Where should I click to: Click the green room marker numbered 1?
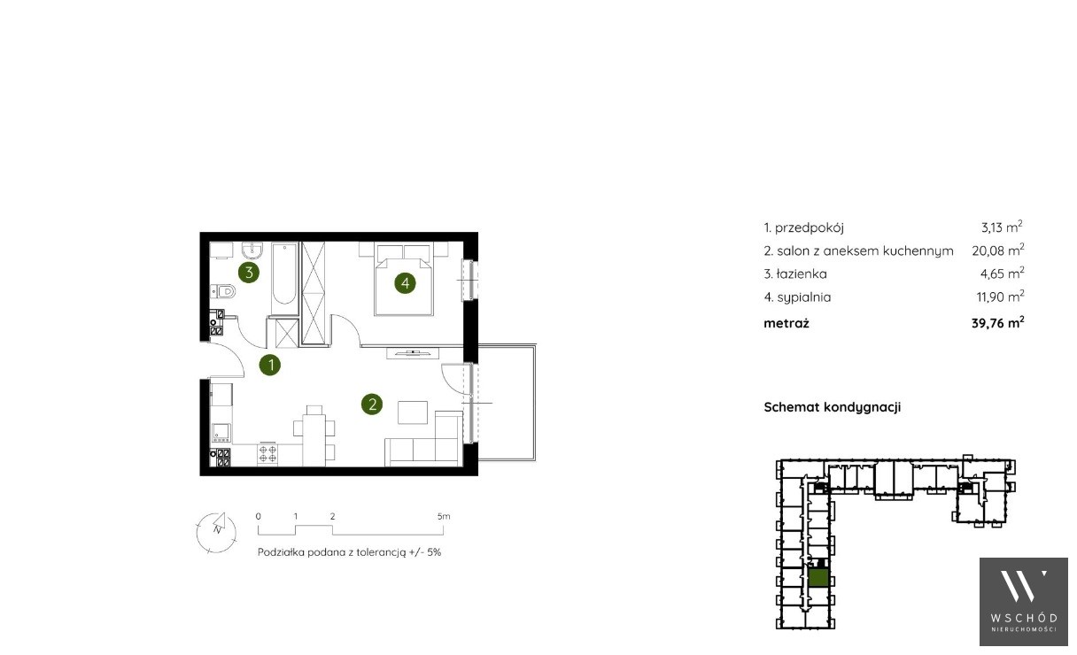[x=270, y=366]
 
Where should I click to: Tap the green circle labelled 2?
[x=372, y=405]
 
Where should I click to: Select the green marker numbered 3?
[x=249, y=273]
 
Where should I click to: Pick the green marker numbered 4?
[x=406, y=283]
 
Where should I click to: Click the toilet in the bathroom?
[x=222, y=291]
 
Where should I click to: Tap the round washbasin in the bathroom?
[x=252, y=250]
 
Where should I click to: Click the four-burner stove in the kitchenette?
[x=267, y=454]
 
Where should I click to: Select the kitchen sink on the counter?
[x=221, y=432]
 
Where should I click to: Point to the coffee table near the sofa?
[x=413, y=412]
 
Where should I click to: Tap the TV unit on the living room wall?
[x=413, y=353]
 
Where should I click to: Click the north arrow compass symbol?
[x=217, y=533]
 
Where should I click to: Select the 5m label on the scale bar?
[x=444, y=517]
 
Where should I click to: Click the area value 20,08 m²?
[x=997, y=250]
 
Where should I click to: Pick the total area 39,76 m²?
[x=997, y=323]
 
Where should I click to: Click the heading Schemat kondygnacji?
[x=833, y=407]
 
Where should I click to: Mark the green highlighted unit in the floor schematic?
[x=818, y=578]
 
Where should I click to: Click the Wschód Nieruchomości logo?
[x=1024, y=602]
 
